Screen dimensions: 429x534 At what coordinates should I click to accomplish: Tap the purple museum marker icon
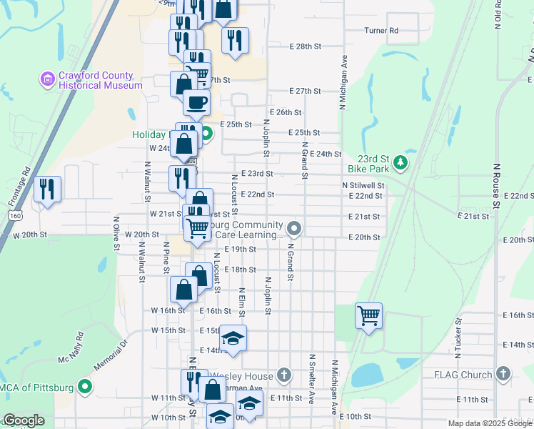coord(48,79)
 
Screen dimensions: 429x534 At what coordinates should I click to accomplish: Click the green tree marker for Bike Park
coord(401,162)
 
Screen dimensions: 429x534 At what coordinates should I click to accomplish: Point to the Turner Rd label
coord(381,31)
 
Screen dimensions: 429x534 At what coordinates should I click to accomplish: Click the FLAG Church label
coord(466,374)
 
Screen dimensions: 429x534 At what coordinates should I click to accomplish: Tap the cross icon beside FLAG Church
coord(503,374)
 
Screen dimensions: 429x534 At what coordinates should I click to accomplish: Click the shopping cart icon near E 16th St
coord(368,315)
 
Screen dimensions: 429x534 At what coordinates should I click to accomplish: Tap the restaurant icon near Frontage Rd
coord(47,189)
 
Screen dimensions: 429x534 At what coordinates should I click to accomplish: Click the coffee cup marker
coord(196,102)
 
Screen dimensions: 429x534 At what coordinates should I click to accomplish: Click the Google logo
coord(24,420)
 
